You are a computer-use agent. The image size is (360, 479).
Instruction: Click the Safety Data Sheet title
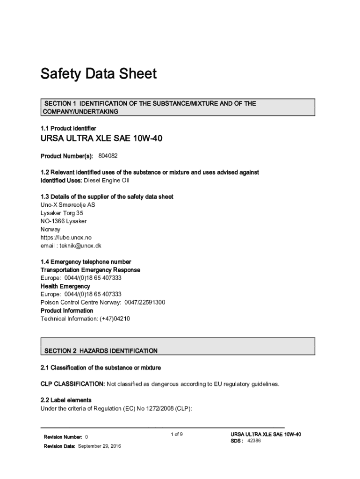coord(98,74)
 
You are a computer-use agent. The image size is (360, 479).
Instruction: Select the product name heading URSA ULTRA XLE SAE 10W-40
coord(101,138)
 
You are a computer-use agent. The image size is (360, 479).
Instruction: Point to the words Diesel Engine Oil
coord(106,181)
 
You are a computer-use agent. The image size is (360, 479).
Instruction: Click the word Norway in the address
coord(50,229)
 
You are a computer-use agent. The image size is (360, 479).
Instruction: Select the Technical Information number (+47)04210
coord(114,319)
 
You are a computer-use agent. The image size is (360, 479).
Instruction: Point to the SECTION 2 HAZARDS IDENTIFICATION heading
coord(101,351)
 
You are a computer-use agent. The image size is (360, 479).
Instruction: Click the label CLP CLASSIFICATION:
coord(72,384)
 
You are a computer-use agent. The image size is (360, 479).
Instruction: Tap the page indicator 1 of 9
coord(177,435)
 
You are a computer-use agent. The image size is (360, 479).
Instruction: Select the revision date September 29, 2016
coord(99,446)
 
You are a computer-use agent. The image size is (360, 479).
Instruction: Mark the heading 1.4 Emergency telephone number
coord(86,262)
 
